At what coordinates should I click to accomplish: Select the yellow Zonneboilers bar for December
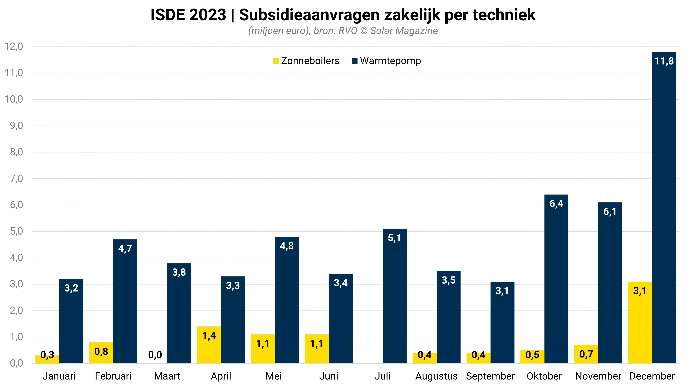pyautogui.click(x=640, y=322)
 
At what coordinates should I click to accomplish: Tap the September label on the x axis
pyautogui.click(x=490, y=376)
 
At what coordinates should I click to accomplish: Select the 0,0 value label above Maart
pyautogui.click(x=155, y=355)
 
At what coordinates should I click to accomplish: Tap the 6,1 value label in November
pyautogui.click(x=610, y=212)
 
